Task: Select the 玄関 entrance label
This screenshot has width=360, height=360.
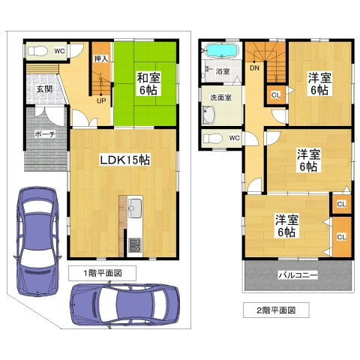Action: coord(43,89)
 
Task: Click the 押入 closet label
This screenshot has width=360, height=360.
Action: coord(101,58)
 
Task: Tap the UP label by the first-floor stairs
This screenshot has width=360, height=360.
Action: coord(100,101)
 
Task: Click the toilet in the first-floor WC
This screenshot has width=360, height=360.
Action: coord(36,51)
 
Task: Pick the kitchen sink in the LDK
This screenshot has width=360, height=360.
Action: coord(135,208)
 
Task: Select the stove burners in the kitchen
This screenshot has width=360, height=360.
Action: coord(135,244)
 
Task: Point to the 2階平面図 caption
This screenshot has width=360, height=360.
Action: coord(277,309)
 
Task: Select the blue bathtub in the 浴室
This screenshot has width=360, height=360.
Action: coord(221,52)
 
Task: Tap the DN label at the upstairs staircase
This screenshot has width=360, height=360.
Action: coord(254,67)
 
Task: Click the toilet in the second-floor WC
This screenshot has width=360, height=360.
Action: coord(213,138)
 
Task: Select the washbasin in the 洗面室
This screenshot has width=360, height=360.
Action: coord(208,116)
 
